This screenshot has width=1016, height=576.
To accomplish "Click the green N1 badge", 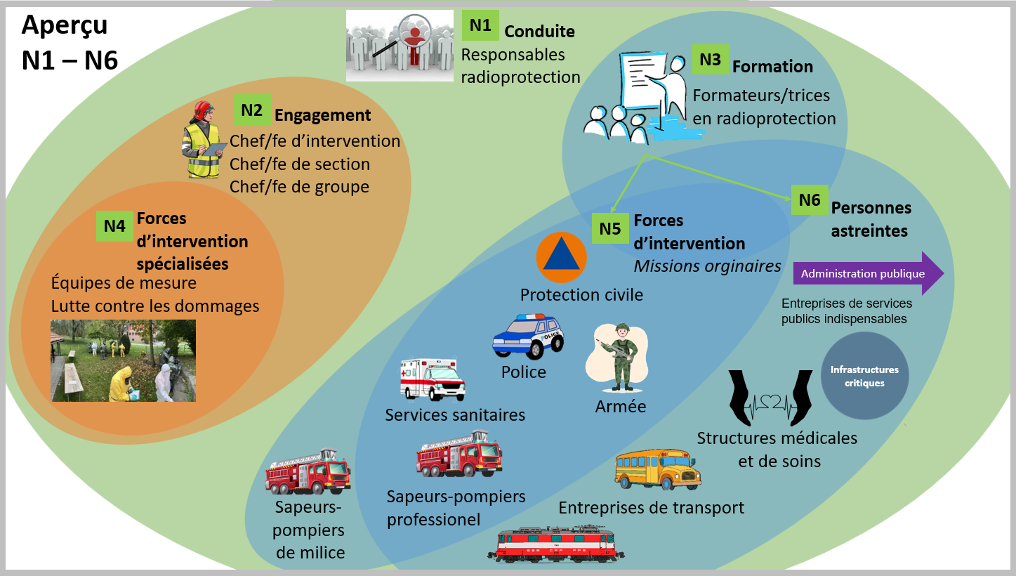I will (480, 26).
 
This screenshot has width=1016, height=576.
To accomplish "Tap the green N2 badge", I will (251, 110).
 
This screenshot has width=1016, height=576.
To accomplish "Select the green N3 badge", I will (710, 60).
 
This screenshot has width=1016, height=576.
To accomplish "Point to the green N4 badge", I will (114, 226).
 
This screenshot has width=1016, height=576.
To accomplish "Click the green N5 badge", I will (610, 228).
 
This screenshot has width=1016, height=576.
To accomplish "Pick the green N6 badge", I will (810, 200).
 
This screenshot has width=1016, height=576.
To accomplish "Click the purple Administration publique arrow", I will (868, 273).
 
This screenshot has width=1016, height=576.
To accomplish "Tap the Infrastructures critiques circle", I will (864, 376).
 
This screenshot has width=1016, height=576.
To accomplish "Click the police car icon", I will (528, 336).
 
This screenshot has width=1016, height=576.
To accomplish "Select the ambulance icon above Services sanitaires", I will (432, 379).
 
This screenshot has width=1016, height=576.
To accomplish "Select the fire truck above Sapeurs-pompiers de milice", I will (308, 472).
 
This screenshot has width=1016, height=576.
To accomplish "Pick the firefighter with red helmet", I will (202, 140).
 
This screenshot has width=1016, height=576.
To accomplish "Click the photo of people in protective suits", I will (123, 360).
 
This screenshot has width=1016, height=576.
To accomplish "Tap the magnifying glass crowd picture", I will (400, 45).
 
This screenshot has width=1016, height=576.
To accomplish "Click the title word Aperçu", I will (65, 25).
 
